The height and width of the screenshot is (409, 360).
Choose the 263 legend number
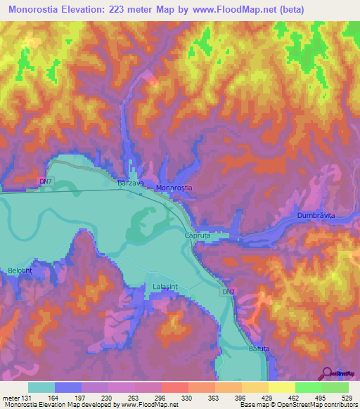click(x=134, y=397)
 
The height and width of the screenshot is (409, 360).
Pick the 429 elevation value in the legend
click(x=267, y=397)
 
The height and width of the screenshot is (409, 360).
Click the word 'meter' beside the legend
click(x=11, y=397)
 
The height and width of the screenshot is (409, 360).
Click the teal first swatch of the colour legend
click(x=41, y=387)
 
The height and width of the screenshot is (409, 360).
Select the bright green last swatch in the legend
click(x=335, y=387)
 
